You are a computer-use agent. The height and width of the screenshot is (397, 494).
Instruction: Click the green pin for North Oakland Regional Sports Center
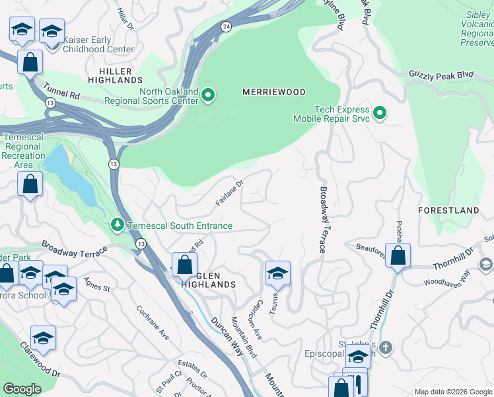[x=208, y=96]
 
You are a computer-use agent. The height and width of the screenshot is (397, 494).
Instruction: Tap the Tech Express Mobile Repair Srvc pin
[x=379, y=114]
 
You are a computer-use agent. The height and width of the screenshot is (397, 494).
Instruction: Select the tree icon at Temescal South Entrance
[x=118, y=226]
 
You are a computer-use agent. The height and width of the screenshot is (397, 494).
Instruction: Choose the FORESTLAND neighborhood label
[x=448, y=210]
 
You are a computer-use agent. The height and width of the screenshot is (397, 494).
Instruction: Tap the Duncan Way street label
[x=225, y=328]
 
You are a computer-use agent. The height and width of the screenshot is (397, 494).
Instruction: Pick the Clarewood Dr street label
[x=40, y=360]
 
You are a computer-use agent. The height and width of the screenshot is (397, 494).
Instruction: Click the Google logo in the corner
[x=22, y=389]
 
